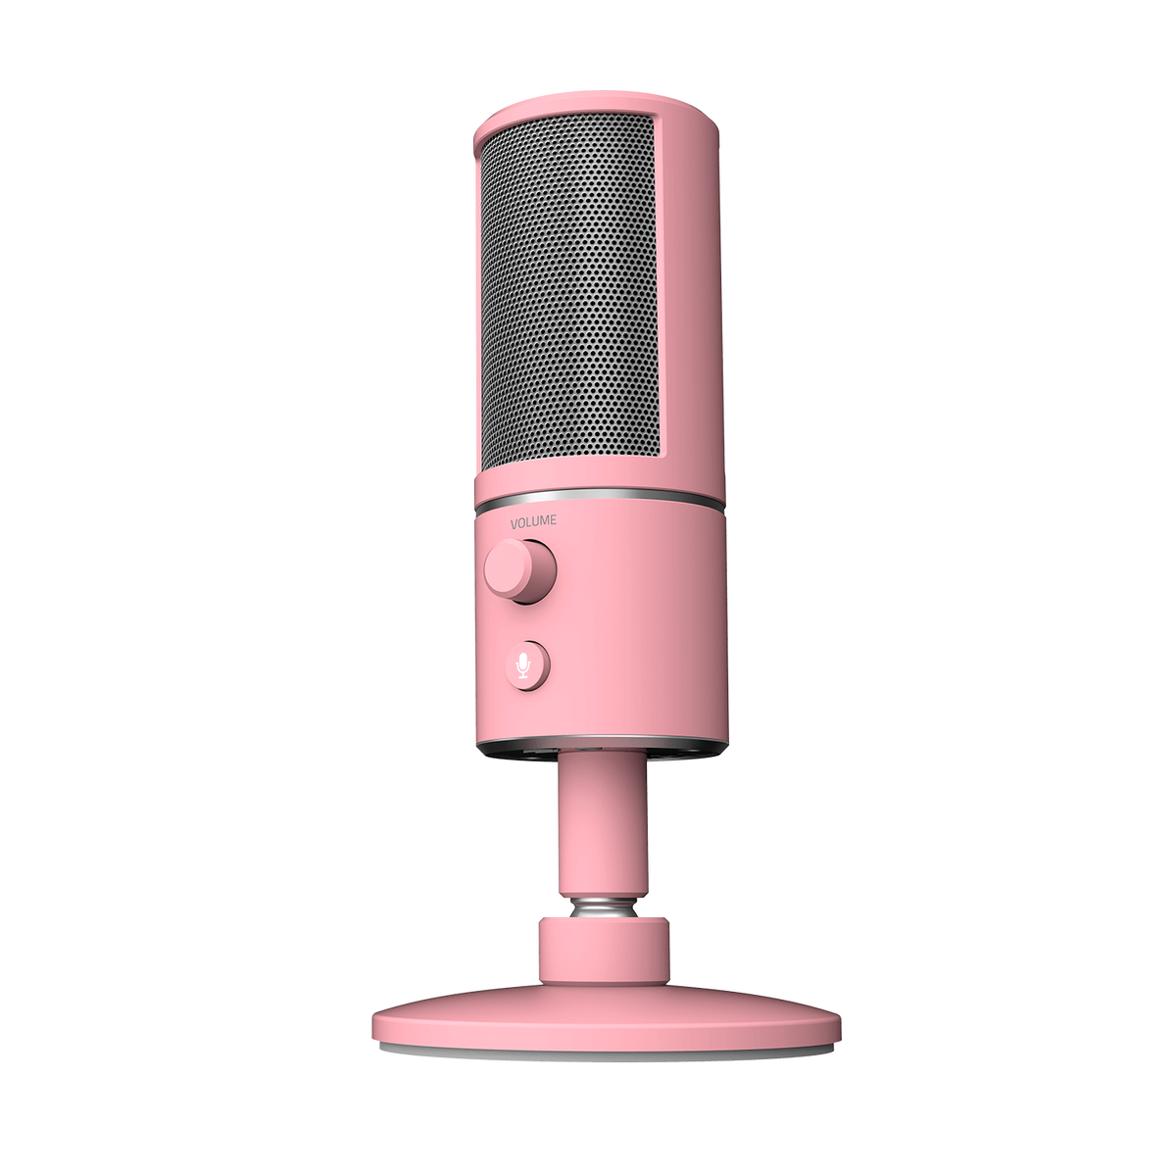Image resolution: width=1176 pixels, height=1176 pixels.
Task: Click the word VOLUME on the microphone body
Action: (x=533, y=520)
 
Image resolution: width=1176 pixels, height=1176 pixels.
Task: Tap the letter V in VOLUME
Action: (x=514, y=521)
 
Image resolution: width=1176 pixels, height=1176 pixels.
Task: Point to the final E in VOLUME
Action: (x=553, y=519)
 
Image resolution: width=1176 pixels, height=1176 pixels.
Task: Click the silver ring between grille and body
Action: (x=600, y=498)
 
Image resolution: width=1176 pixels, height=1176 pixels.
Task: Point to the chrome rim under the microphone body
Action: (x=601, y=750)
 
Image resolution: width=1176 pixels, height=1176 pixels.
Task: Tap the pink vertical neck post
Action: (x=603, y=831)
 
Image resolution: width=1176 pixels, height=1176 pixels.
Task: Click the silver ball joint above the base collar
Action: (x=603, y=920)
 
